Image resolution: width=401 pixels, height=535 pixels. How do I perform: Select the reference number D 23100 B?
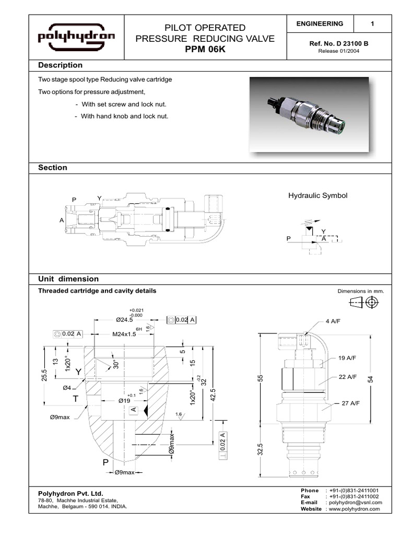(339, 44)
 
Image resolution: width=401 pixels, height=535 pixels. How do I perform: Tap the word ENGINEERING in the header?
(320, 24)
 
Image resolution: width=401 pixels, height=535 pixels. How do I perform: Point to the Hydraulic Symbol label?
(317, 195)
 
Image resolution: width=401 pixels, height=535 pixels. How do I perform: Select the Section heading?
(53, 168)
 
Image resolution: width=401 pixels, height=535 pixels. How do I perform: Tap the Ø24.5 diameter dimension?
(125, 319)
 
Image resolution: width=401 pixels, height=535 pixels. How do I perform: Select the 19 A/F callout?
(347, 358)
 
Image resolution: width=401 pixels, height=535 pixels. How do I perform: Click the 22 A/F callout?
(347, 377)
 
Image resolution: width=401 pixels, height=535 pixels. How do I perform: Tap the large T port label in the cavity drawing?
(76, 398)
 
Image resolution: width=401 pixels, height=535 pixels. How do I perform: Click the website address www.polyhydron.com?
(354, 509)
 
